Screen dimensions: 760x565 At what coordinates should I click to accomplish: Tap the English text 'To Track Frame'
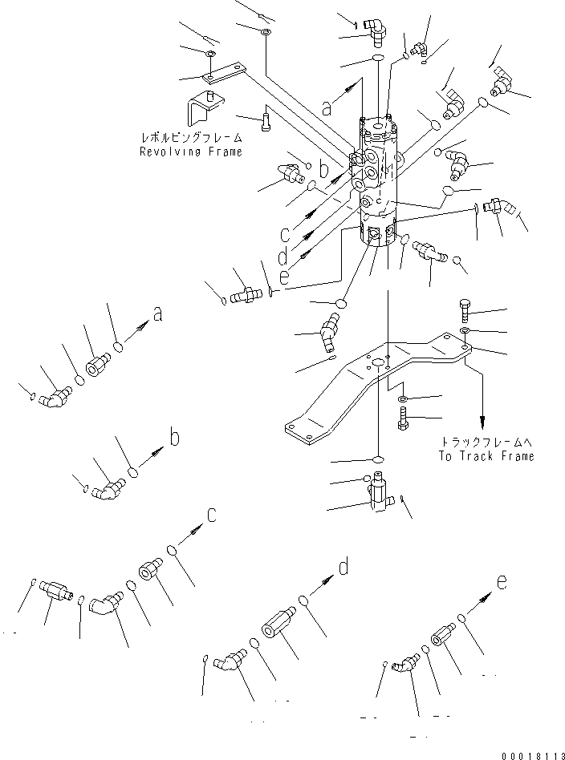click(x=486, y=456)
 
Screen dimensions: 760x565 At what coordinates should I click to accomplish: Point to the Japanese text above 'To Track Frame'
click(x=486, y=442)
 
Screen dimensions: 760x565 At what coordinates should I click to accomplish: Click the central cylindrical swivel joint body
click(x=379, y=184)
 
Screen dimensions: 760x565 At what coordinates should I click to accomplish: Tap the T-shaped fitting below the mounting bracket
click(x=380, y=491)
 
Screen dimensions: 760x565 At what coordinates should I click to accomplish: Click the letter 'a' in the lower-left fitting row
click(x=158, y=315)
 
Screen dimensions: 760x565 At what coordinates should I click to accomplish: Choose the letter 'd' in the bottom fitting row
click(x=343, y=568)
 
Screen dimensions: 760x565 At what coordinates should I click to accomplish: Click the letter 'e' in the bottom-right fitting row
click(x=502, y=583)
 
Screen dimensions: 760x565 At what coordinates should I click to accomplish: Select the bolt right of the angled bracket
click(x=266, y=121)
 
